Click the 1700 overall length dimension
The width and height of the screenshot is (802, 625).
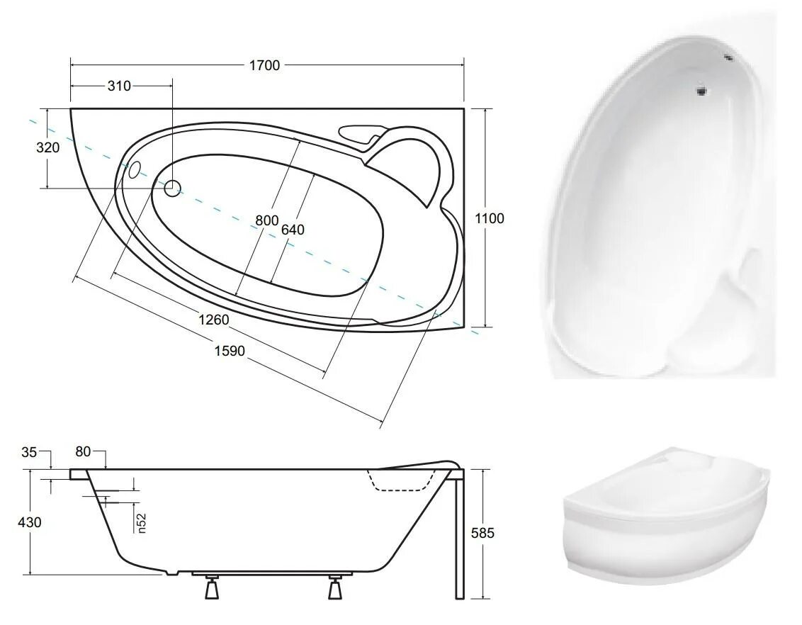pos(264,65)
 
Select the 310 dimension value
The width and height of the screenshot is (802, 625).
pos(118,86)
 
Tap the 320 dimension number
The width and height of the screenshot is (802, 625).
pos(48,148)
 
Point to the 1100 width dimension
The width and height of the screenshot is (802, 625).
pos(490,218)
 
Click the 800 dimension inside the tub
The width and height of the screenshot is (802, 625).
pos(266,221)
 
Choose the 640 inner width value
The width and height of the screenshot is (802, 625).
pos(293,230)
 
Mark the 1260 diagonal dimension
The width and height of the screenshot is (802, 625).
pos(213,320)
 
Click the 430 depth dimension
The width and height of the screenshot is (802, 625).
pos(29,522)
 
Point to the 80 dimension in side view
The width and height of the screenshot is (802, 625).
pos(83,452)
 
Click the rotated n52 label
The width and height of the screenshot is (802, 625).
pos(142,524)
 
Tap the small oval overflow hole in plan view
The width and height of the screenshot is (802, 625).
pos(133,170)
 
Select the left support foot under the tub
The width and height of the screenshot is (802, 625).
pos(211,587)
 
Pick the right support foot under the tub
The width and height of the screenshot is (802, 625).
pos(335,587)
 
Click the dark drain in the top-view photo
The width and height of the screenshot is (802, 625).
pos(701,90)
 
